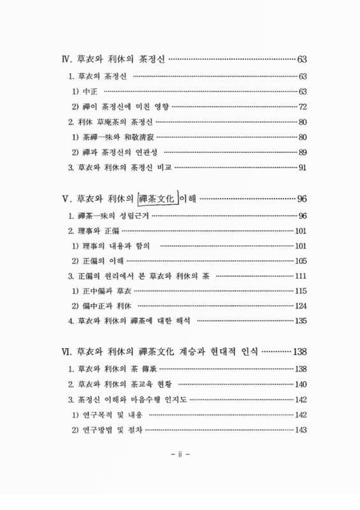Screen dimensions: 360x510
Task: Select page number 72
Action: [x=303, y=106]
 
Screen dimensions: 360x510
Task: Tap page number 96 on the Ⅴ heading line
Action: [x=303, y=198]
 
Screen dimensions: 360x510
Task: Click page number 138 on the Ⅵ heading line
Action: [x=299, y=352]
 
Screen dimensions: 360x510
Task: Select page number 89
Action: [x=303, y=152]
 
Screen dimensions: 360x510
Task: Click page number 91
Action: [x=303, y=168]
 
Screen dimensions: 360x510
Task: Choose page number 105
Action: [x=301, y=260]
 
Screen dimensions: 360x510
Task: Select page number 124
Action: [x=301, y=306]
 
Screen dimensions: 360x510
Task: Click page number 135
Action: [x=301, y=321]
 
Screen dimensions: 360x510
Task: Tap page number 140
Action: [x=301, y=384]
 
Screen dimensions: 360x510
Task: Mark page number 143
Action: [x=301, y=430]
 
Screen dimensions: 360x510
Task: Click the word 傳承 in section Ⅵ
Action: [x=150, y=369]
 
